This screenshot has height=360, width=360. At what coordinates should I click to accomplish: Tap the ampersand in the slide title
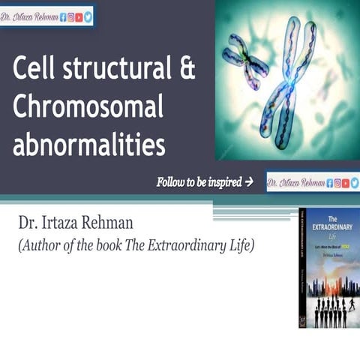187,70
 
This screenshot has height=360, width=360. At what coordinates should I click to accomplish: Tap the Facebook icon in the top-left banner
62,16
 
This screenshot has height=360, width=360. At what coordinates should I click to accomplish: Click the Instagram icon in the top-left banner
70,16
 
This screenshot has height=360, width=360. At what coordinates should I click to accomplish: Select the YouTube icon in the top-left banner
79,16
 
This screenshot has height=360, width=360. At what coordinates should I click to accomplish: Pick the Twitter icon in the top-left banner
88,16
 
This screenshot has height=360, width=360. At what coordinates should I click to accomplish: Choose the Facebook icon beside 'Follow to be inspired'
328,182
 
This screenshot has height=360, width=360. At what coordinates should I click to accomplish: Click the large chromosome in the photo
289,82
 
